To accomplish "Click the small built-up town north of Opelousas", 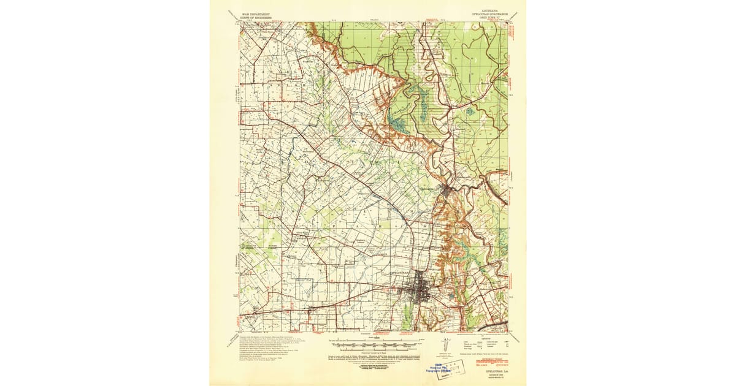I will (x=448, y=191).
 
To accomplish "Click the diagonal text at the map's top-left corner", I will (x=231, y=15).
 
